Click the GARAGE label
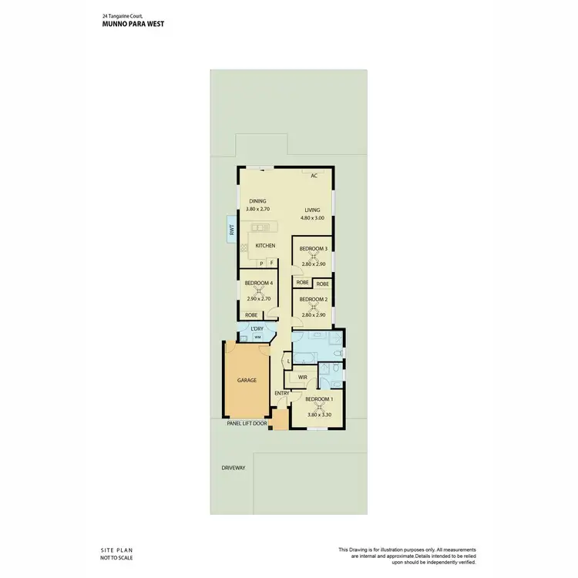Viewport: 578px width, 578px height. pos(247,380)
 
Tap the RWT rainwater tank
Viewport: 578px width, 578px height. pos(230,229)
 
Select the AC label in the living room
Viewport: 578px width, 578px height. pos(314,176)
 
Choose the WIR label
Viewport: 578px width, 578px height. pos(303,378)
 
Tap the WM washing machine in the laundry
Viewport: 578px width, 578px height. pos(257,338)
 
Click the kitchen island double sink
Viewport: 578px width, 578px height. pos(259,227)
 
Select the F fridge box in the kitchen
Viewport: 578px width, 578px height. pos(271,263)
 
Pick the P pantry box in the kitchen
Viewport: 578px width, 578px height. pos(261,263)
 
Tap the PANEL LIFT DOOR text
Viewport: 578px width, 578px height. pos(247,423)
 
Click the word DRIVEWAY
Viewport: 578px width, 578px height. pos(233,468)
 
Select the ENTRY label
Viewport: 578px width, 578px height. pos(282,393)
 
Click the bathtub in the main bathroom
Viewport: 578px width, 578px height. pos(304,355)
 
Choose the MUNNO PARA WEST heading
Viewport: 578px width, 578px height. pos(133,24)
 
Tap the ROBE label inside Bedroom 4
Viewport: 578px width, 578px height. pos(251,314)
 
